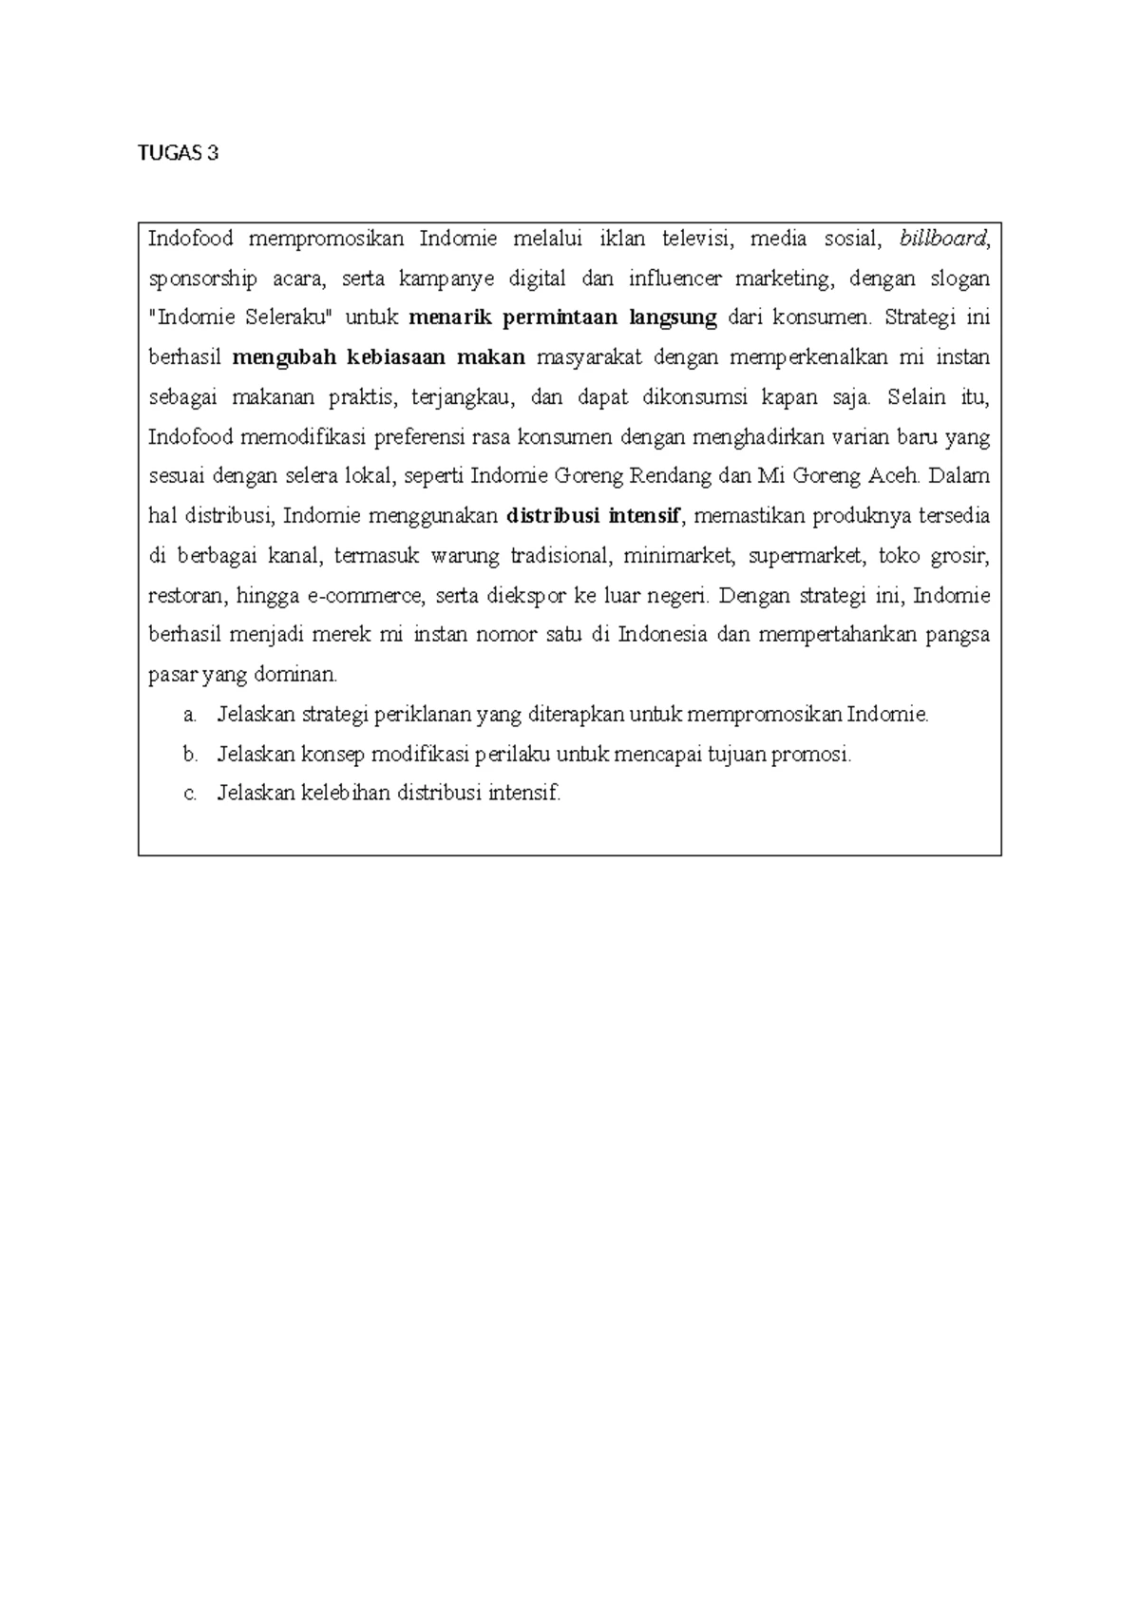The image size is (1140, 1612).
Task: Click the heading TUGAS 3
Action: pyautogui.click(x=178, y=153)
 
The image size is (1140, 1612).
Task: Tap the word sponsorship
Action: pyautogui.click(x=202, y=278)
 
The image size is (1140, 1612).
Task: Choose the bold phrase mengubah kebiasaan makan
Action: pyautogui.click(x=378, y=357)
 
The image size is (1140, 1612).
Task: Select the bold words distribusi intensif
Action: pyautogui.click(x=594, y=516)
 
